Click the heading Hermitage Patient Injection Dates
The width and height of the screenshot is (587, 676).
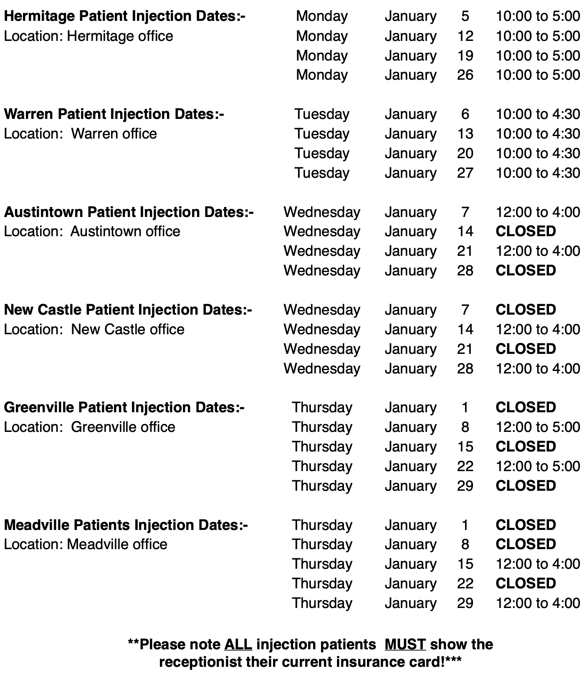124,16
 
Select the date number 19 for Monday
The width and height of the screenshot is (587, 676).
465,55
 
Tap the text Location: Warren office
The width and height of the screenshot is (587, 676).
80,134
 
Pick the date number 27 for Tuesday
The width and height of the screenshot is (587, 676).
465,173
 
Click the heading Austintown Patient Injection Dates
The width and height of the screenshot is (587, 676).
129,212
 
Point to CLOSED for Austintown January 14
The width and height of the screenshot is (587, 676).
525,231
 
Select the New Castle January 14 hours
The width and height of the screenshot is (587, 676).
538,329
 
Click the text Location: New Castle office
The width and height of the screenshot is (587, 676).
94,329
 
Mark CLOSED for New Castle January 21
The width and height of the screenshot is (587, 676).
525,349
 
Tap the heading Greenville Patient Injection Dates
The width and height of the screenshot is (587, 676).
124,407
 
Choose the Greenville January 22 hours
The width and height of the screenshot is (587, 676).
538,466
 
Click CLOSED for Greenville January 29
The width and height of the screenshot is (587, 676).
525,486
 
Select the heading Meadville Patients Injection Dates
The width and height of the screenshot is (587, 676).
126,525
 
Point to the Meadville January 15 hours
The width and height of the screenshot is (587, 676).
538,564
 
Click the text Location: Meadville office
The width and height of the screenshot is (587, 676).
86,544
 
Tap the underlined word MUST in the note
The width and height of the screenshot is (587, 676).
405,644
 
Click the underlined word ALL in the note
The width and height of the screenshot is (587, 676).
238,644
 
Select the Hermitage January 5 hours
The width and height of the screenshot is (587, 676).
538,16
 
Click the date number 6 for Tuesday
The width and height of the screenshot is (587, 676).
465,114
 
